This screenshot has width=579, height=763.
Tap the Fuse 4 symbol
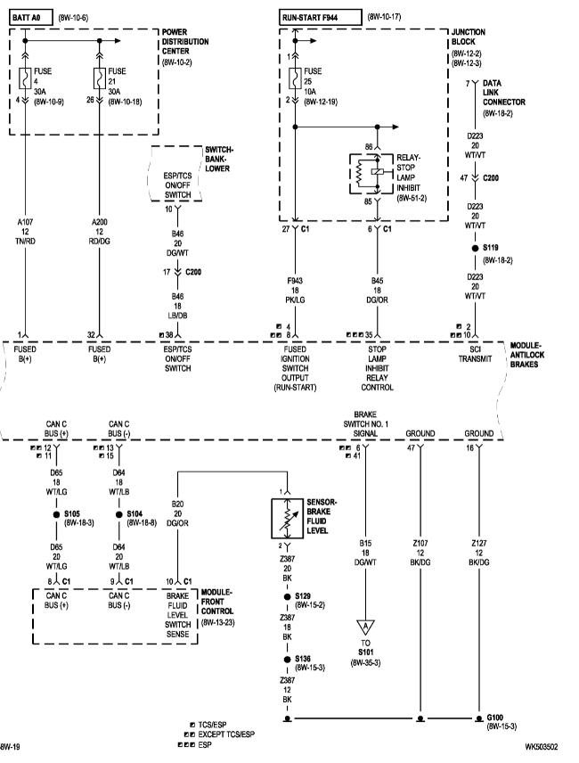tap(26, 78)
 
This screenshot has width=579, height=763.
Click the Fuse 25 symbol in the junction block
tap(293, 78)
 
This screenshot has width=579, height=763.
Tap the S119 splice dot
tap(476, 249)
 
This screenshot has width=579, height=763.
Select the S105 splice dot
tap(53, 514)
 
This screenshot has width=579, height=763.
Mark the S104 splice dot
tap(118, 514)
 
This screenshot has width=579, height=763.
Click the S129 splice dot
tap(287, 597)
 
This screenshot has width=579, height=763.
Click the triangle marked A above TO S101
tap(366, 628)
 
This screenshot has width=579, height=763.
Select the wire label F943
tap(293, 282)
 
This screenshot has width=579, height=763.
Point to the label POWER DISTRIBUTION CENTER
tap(185, 42)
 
